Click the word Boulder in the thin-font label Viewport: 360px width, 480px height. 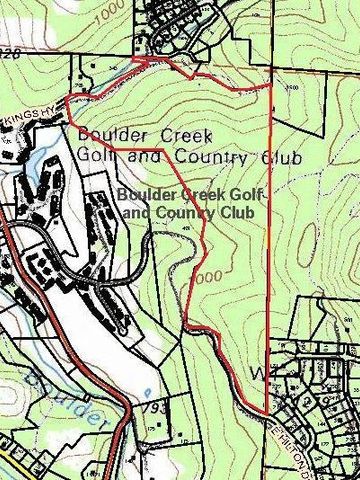pos(107,134)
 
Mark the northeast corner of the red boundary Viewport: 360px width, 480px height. pos(271,87)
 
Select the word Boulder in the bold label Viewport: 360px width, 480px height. pos(145,196)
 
